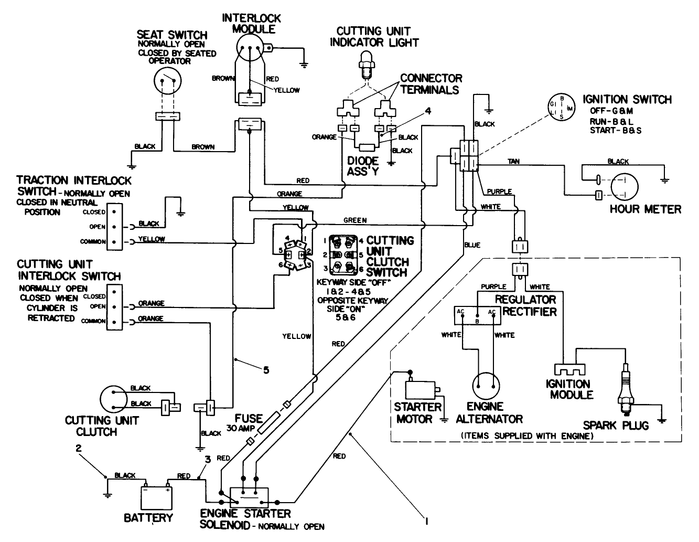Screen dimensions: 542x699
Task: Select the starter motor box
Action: click(x=422, y=390)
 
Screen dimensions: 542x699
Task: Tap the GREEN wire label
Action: click(x=355, y=220)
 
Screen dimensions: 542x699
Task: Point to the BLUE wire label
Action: click(x=472, y=245)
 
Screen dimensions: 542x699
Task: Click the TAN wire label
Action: click(x=514, y=162)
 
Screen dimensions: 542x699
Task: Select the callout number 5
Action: click(x=266, y=370)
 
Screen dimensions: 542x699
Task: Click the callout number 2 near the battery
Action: click(x=79, y=449)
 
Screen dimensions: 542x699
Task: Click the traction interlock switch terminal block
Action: click(x=114, y=227)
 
